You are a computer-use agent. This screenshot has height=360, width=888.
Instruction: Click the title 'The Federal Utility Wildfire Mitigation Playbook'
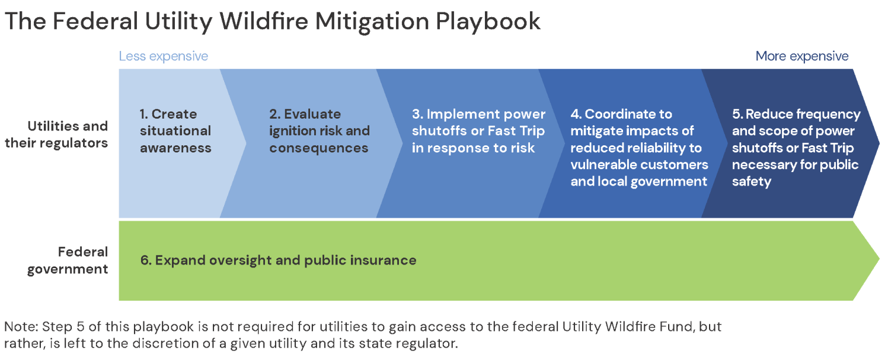click(272, 21)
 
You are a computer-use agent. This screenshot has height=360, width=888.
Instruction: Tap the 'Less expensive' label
click(164, 56)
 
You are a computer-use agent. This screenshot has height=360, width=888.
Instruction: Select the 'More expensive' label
click(802, 56)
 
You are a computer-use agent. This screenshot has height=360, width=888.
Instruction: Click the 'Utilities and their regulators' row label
click(56, 135)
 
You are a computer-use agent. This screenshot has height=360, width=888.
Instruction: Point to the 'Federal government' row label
click(68, 260)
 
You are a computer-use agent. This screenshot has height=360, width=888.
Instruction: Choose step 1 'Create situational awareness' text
click(175, 131)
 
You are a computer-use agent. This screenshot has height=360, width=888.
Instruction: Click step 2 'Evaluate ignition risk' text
click(320, 131)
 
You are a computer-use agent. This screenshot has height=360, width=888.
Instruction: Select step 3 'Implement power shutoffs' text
click(478, 131)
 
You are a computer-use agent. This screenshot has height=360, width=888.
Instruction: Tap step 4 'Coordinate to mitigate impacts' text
click(639, 148)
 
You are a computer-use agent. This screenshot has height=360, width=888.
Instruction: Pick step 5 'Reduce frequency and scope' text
click(796, 148)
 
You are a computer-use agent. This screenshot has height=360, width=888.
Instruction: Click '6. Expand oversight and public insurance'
click(278, 260)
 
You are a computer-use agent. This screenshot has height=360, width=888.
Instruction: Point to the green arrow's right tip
click(879, 259)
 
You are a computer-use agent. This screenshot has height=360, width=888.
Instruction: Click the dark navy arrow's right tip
click(879, 143)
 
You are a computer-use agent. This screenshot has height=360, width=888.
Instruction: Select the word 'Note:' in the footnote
click(21, 327)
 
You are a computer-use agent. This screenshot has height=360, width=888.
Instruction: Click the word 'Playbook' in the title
click(488, 21)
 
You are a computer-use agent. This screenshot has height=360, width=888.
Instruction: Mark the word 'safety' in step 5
click(751, 182)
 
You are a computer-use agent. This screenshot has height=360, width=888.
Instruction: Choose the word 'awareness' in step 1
click(175, 148)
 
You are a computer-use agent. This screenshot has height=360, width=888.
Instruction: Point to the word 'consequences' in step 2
click(319, 148)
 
